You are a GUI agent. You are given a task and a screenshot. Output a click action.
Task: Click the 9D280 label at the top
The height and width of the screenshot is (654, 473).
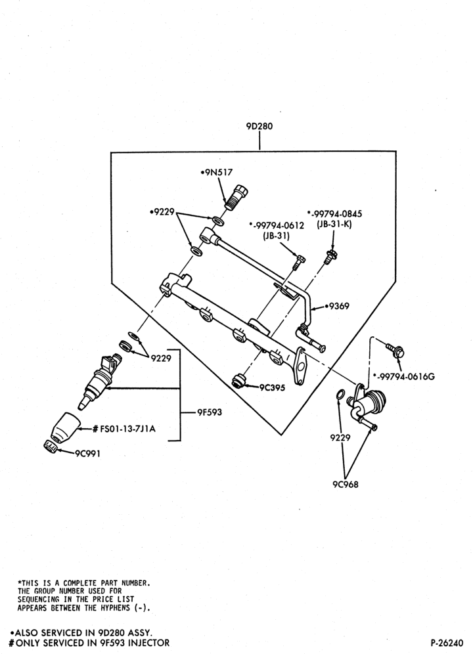[259, 126]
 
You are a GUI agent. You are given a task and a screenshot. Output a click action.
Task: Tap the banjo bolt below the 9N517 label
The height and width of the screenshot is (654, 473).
[238, 197]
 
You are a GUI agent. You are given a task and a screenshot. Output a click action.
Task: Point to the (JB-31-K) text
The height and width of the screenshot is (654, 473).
[334, 225]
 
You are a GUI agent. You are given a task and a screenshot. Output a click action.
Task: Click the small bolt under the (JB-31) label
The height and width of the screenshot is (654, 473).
[299, 261]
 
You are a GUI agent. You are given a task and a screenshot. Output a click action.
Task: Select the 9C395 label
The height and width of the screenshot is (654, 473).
[271, 387]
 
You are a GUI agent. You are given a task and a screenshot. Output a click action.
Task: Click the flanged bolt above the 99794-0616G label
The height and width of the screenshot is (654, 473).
[395, 351]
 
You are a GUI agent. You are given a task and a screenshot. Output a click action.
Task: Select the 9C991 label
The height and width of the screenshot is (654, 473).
[87, 454]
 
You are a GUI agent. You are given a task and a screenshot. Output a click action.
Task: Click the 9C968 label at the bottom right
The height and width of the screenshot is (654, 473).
[346, 484]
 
